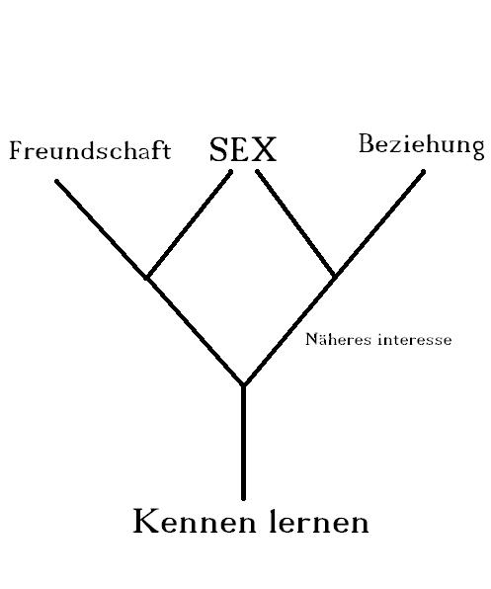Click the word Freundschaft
pyautogui.click(x=90, y=150)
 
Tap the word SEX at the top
pyautogui.click(x=243, y=149)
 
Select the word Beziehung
pyautogui.click(x=422, y=146)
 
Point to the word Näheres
pyautogui.click(x=338, y=339)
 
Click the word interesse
pyautogui.click(x=415, y=340)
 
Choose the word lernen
pyautogui.click(x=319, y=521)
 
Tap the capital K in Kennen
pyautogui.click(x=147, y=521)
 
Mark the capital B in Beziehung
pyautogui.click(x=367, y=143)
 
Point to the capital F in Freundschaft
pyautogui.click(x=17, y=150)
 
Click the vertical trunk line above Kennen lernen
pyautogui.click(x=243, y=443)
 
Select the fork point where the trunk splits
pyautogui.click(x=243, y=384)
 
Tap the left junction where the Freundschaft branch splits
pyautogui.click(x=147, y=278)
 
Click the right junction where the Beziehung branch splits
pyautogui.click(x=334, y=277)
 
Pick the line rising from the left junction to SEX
pyautogui.click(x=189, y=224)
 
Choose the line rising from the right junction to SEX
pyautogui.click(x=295, y=224)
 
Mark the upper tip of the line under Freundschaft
pyautogui.click(x=56, y=182)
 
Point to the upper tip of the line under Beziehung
pyautogui.click(x=423, y=172)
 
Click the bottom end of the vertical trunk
pyautogui.click(x=243, y=499)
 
